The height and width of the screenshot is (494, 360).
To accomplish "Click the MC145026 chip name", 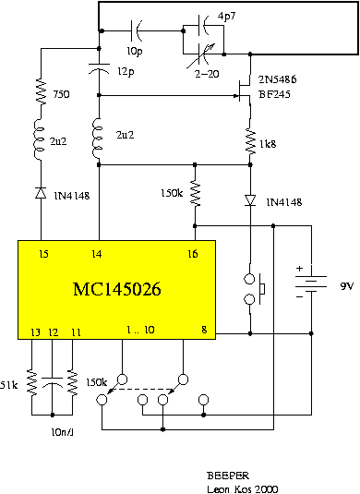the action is tap(117, 289).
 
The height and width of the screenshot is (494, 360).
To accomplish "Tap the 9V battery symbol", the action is tap(311, 283).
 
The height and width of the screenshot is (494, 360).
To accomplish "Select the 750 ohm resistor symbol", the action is tap(41, 91).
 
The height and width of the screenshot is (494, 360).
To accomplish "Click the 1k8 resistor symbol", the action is tap(250, 141).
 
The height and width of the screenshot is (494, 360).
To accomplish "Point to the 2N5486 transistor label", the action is tap(277, 79).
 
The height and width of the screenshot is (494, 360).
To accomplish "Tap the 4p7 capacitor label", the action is tap(226, 16).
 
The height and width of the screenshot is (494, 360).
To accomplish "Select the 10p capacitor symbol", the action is tap(136, 30).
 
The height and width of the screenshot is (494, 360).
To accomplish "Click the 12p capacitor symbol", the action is tap(99, 68).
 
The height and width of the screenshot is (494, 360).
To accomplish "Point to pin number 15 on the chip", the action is tap(43, 254).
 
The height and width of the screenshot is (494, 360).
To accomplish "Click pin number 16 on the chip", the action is tap(192, 254).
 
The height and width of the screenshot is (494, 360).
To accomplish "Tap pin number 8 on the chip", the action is tap(204, 330).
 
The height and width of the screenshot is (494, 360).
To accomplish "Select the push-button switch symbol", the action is tap(254, 289).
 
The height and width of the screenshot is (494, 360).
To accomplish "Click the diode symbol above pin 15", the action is tap(41, 192).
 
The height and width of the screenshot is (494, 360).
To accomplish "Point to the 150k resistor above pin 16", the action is tap(195, 193).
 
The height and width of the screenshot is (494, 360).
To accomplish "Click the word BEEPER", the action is tap(228, 476).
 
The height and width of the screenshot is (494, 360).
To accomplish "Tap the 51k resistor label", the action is tap(9, 385).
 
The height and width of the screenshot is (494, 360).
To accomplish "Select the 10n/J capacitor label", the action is tap(62, 432).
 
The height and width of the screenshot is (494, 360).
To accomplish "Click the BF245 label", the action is tap(274, 94).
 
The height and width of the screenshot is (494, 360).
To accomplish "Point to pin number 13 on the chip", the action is tap(36, 332).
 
